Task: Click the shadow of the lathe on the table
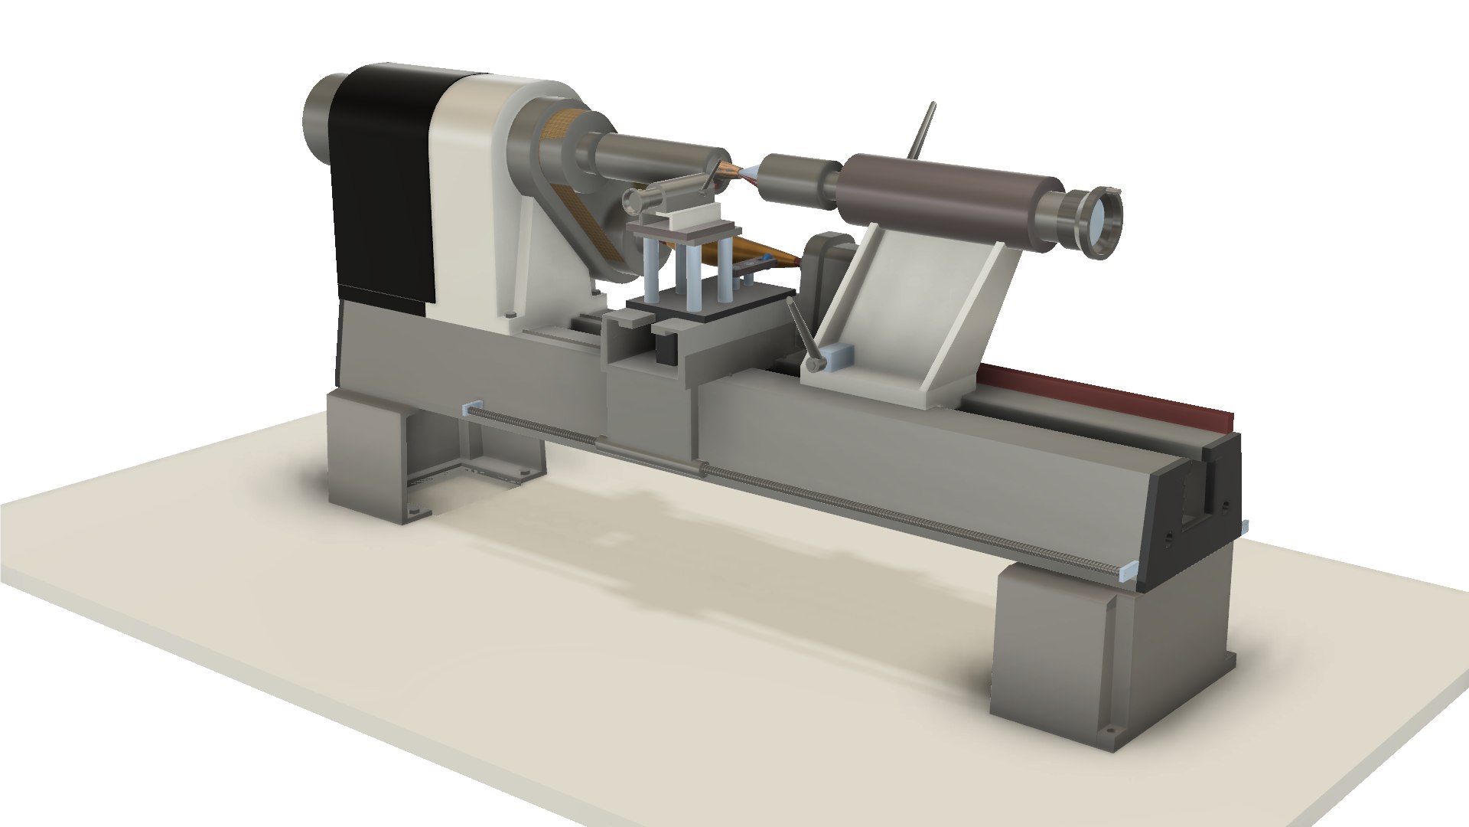(689, 551)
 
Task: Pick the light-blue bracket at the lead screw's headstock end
(471, 407)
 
